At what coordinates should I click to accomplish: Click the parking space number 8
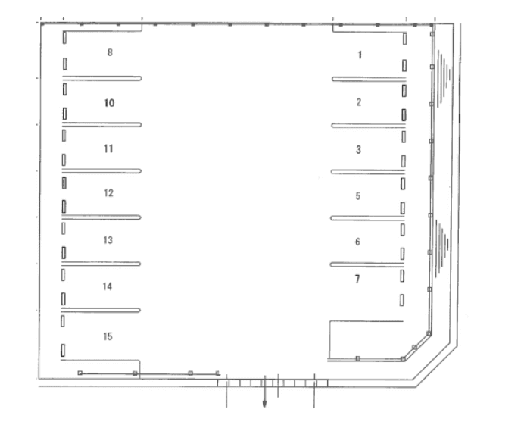coord(110,52)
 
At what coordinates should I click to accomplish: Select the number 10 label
coord(109,103)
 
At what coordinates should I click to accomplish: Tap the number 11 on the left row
coord(108,148)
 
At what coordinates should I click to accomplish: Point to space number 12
coord(108,193)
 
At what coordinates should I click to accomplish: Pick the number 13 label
coord(108,240)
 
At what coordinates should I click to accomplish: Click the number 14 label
coord(108,286)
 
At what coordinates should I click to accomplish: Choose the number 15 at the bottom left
coord(108,336)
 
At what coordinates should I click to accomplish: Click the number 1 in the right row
coord(360,55)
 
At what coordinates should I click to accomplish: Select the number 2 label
coord(359,102)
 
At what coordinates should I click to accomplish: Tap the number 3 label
coord(359,150)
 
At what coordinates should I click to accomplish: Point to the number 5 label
coord(358,196)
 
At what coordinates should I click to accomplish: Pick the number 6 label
coord(357,242)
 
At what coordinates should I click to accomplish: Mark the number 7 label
coord(357,279)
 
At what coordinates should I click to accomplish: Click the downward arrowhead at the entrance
coord(265,404)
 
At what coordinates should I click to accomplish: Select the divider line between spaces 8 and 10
coord(101,78)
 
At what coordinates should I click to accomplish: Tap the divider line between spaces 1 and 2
coord(369,79)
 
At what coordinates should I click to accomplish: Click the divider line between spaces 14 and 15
coord(101,310)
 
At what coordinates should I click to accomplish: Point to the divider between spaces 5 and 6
coord(367,218)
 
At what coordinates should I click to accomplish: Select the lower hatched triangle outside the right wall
coord(441,248)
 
